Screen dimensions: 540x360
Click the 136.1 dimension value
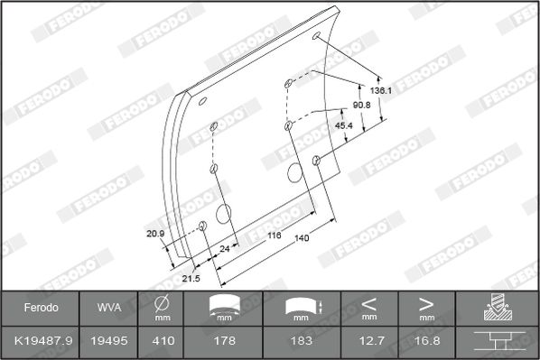[380, 90]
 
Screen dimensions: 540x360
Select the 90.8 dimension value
[361, 105]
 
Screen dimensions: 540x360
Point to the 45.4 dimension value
[344, 125]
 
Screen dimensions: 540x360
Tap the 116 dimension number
[275, 235]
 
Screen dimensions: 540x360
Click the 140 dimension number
[302, 238]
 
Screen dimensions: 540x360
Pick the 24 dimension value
[225, 248]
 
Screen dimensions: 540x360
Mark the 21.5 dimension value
[191, 278]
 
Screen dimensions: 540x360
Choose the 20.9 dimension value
[155, 234]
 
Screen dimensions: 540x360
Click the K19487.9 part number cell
[43, 341]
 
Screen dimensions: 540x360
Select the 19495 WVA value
[109, 341]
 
